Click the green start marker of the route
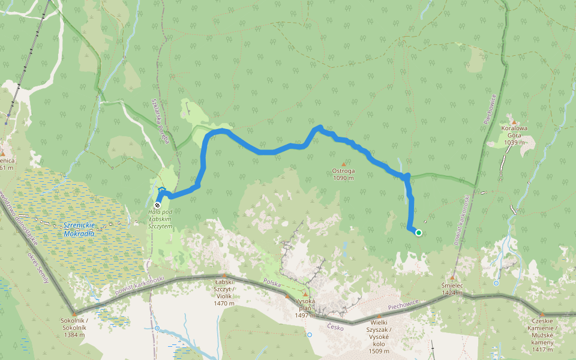(x=418, y=233)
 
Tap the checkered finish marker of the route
(x=158, y=205)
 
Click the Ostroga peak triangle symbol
(x=343, y=164)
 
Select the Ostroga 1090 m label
(x=343, y=174)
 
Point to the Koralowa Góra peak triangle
(x=514, y=122)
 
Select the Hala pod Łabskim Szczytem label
(x=160, y=219)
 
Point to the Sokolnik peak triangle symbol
(x=74, y=313)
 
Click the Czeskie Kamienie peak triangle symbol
(x=542, y=314)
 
